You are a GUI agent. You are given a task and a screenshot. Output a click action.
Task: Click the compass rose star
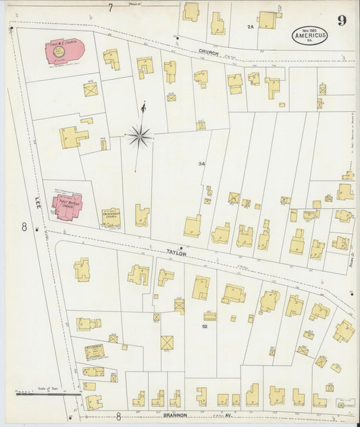[140, 136]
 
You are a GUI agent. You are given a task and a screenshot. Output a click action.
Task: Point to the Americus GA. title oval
[311, 35]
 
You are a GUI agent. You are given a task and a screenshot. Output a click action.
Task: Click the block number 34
[201, 164]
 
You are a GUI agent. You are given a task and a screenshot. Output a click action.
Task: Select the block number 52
[203, 326]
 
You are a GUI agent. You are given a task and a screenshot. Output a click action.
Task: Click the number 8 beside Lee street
[24, 227]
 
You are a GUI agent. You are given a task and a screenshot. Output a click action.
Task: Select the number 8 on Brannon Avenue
[119, 417]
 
